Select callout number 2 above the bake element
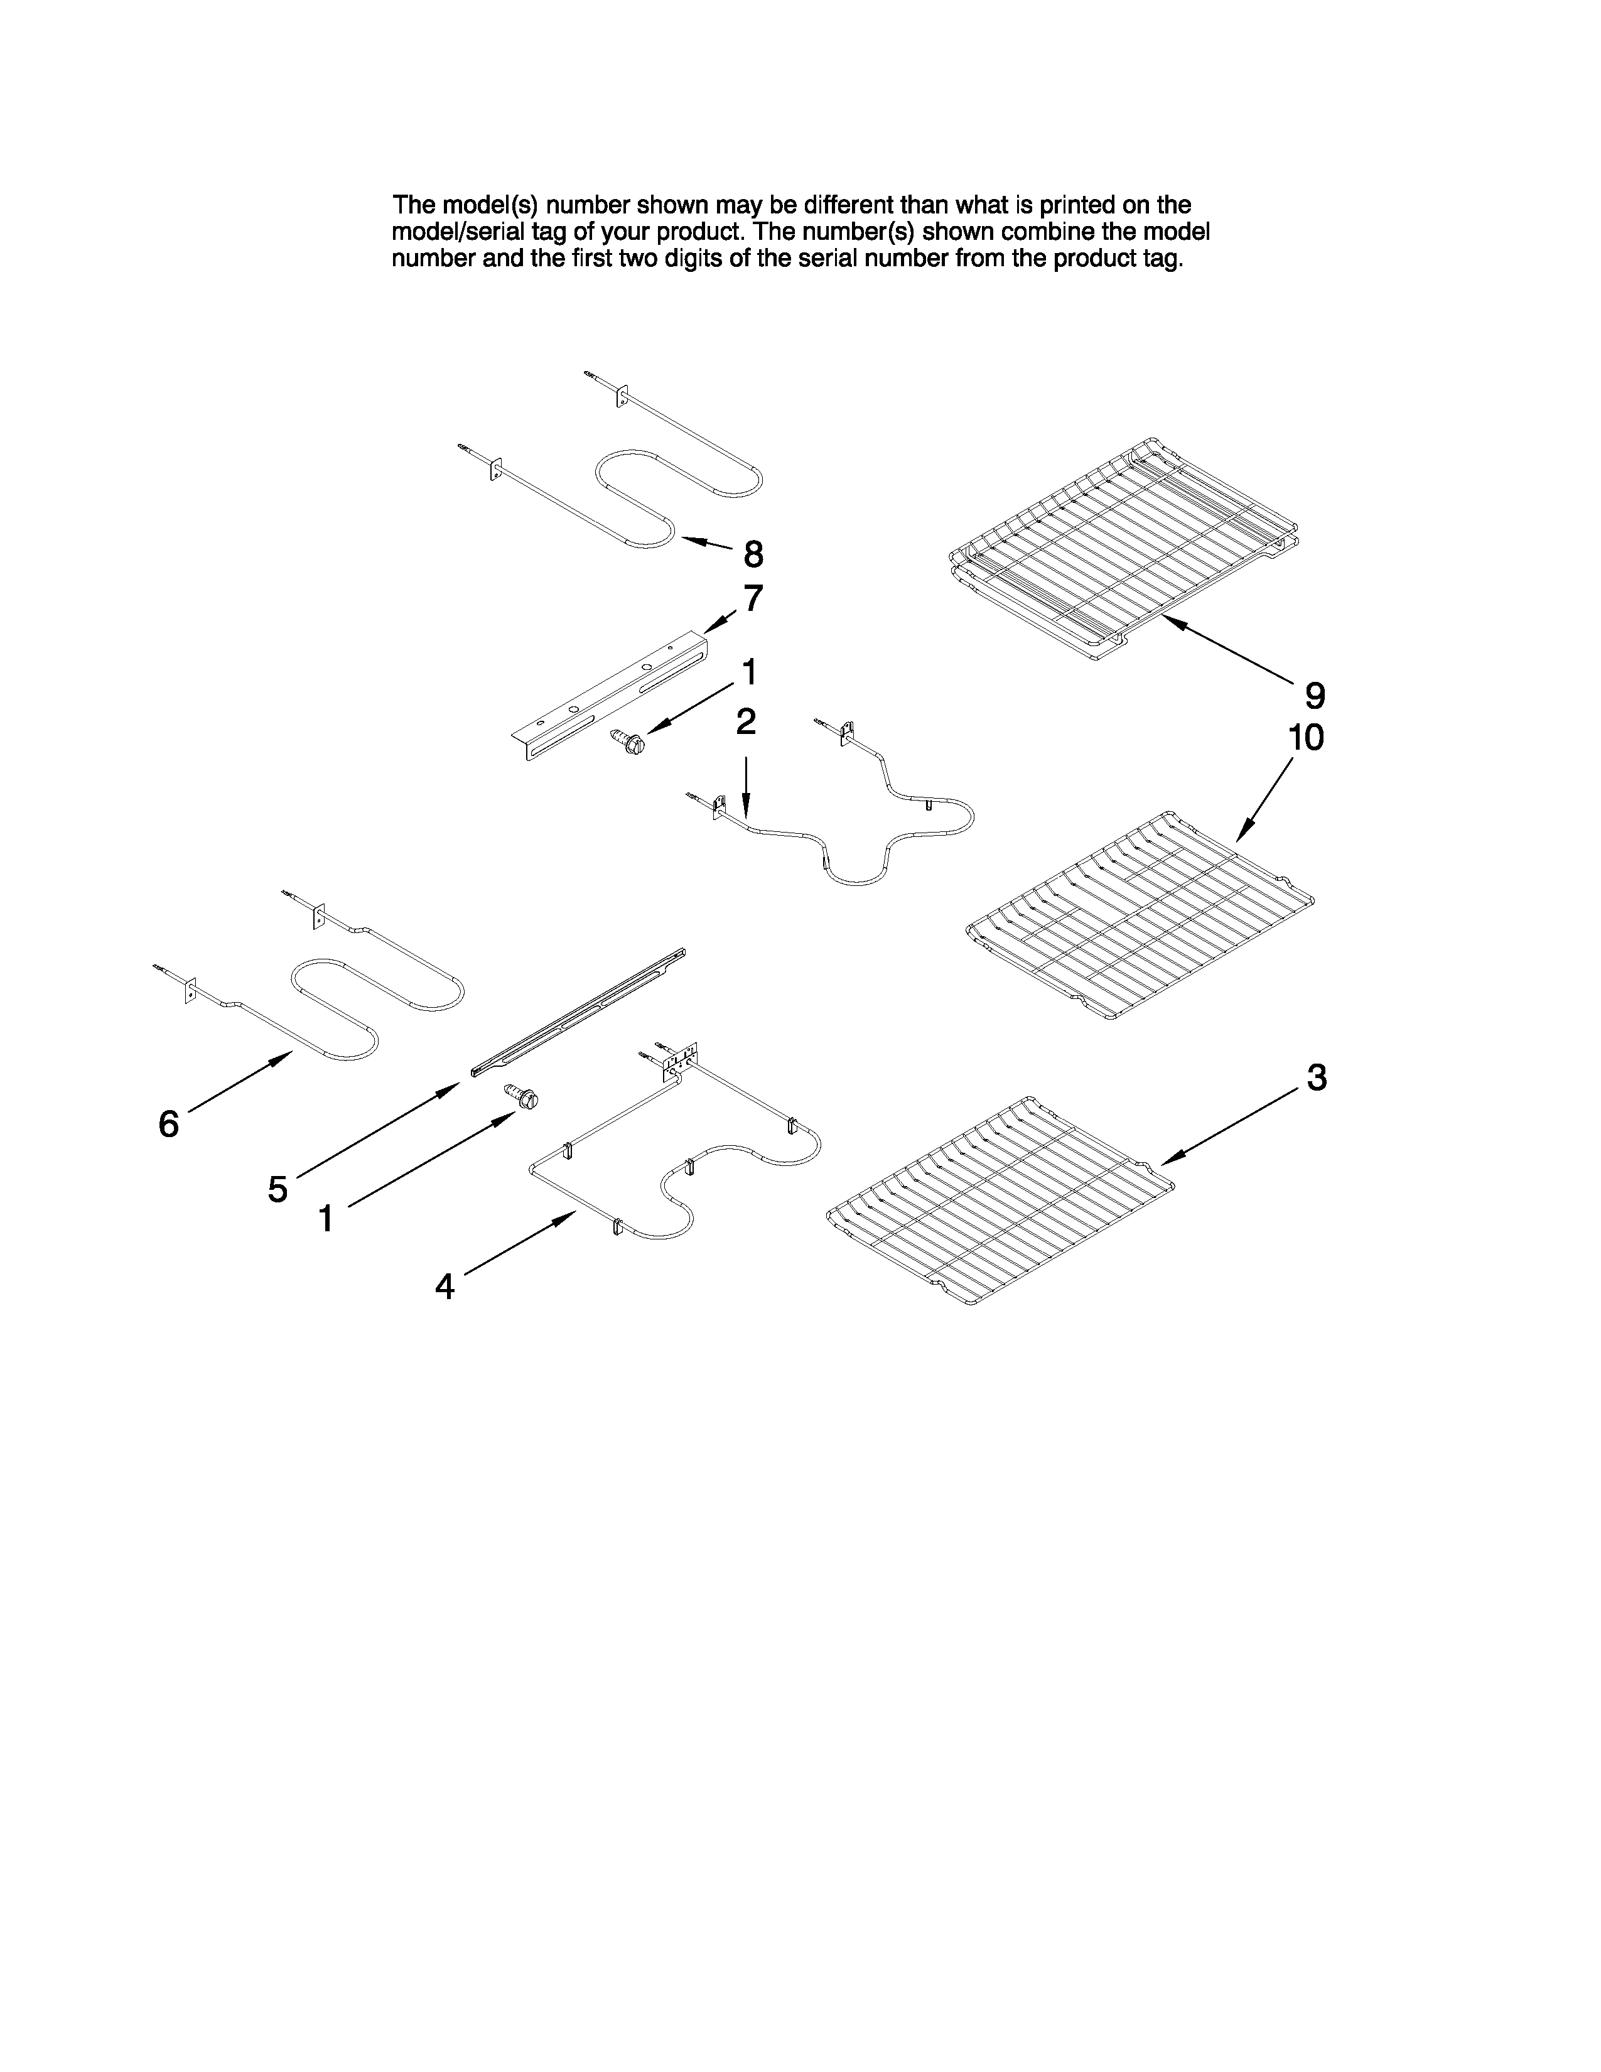[x=747, y=722]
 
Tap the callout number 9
[x=1315, y=696]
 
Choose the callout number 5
[x=277, y=1189]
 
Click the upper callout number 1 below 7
[x=749, y=672]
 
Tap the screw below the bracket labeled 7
[x=628, y=741]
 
